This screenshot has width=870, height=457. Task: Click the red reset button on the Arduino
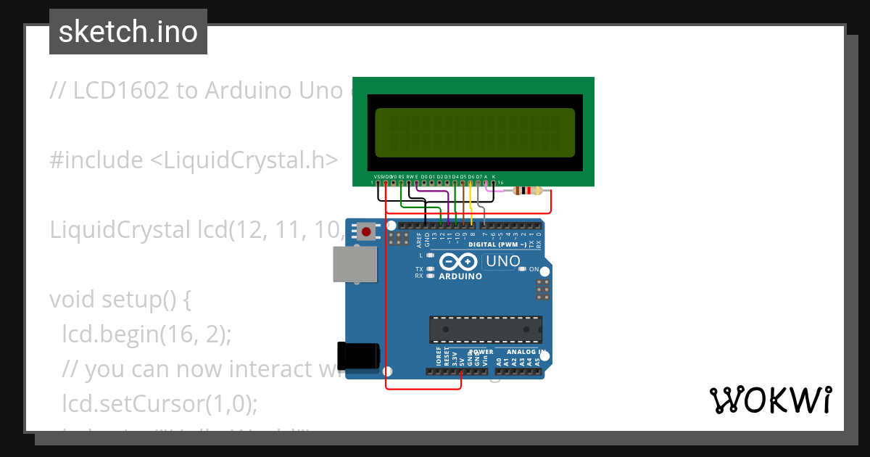point(367,232)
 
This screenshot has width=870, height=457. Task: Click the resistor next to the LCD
point(527,191)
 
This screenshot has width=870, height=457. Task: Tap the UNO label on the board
point(503,261)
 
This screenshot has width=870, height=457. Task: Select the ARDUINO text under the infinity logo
point(460,276)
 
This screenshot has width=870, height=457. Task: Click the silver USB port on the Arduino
point(355,263)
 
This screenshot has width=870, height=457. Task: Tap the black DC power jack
point(360,355)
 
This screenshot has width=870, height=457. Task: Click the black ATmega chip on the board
point(485,329)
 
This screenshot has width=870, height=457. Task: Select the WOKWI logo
point(770,400)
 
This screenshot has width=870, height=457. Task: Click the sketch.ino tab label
point(128,32)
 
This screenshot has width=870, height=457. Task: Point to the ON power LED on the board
point(523,269)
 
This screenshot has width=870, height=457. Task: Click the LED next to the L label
point(431,255)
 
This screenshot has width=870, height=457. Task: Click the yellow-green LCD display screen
point(474,133)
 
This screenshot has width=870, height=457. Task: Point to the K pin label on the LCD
point(494,176)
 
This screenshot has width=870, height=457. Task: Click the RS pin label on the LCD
point(401,176)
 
